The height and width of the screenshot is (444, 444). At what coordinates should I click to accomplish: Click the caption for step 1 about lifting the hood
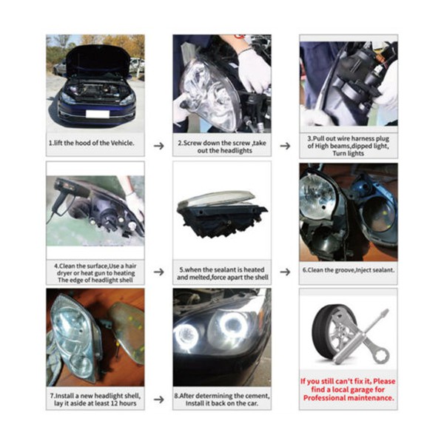(x=92, y=143)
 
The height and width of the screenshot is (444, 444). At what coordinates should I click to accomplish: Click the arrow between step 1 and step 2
(x=158, y=146)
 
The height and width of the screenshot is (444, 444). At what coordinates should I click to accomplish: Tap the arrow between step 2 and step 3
(x=285, y=146)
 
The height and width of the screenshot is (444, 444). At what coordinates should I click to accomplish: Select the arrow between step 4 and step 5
(x=158, y=272)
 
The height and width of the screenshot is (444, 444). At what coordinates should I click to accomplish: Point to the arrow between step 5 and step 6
(x=285, y=272)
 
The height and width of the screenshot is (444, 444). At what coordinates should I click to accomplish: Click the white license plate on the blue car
(x=96, y=113)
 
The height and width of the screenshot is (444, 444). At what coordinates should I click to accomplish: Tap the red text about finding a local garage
(x=348, y=389)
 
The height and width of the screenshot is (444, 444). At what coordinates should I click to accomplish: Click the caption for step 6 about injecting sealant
(x=348, y=271)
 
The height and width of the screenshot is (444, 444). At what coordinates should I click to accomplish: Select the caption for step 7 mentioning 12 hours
(x=95, y=400)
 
